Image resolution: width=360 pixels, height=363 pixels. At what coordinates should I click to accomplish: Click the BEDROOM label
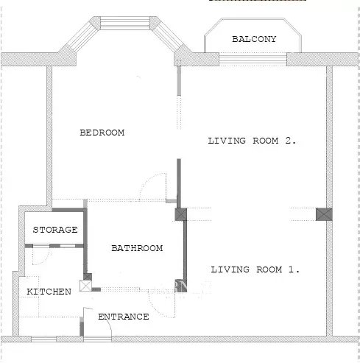pos(102,133)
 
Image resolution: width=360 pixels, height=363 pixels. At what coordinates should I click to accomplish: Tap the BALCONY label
pos(254,39)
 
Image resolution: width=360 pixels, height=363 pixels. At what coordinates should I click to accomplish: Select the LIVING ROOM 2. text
pos(252,141)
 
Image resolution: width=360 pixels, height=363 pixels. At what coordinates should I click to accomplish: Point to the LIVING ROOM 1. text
pos(255,269)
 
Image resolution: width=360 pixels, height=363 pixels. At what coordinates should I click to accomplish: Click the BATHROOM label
pos(137,248)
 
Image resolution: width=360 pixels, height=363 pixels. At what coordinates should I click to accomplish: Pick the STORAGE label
pos(55,230)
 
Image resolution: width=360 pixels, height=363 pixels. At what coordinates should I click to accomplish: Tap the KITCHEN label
pos(49,292)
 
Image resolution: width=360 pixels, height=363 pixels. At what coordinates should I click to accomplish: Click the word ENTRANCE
pos(124,317)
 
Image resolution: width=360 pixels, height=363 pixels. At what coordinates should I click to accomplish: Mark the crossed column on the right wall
pos(324,214)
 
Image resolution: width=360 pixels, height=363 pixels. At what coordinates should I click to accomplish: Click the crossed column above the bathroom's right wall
pos(181,214)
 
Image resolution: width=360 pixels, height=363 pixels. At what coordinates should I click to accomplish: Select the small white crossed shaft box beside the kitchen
pos(85,286)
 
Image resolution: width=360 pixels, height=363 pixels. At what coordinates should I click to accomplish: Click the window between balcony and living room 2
pos(253,59)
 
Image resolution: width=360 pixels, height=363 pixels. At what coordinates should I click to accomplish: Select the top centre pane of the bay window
pos(125,23)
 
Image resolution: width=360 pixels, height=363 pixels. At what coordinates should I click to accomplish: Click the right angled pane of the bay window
pos(169,37)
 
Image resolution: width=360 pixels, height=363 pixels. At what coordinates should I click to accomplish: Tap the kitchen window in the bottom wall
pos(44,339)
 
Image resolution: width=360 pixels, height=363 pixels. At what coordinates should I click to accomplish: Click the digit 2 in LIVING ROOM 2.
pos(288,141)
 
